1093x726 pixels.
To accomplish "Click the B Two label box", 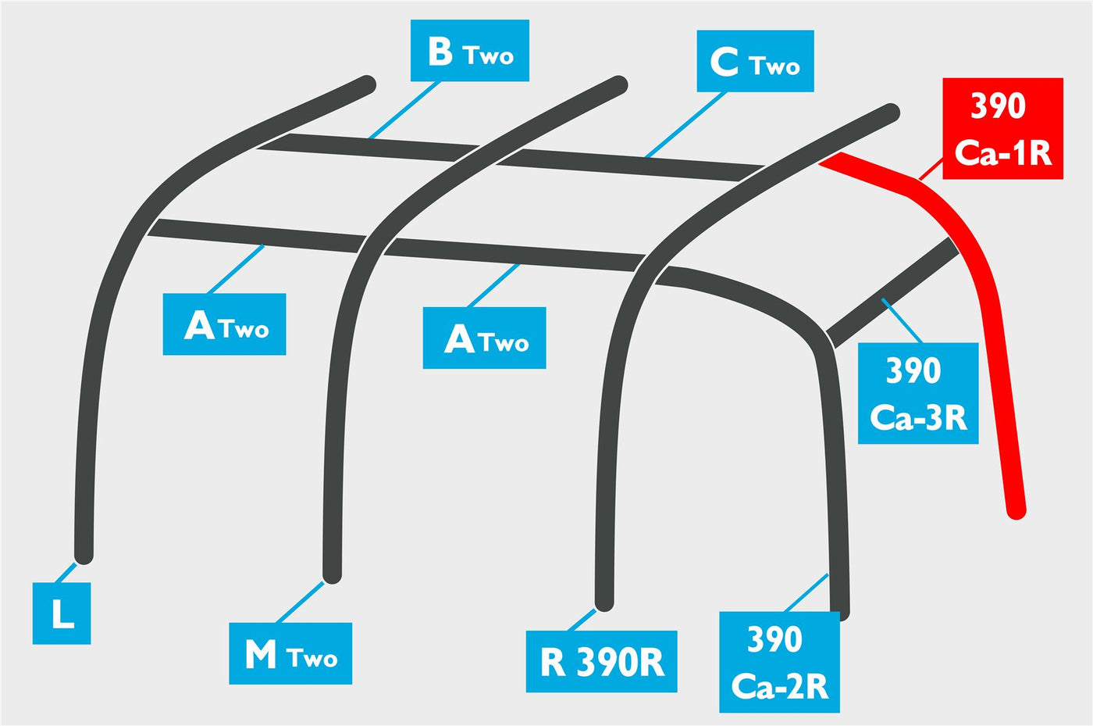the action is click(470, 50).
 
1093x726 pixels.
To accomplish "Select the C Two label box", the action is click(756, 61).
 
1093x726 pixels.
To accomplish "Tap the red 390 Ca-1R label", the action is click(1002, 128).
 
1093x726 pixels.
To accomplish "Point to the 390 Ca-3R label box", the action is click(918, 393).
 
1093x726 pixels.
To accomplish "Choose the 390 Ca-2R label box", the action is click(780, 662).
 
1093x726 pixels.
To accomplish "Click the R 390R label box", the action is click(602, 661).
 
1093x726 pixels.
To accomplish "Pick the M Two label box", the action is click(290, 653).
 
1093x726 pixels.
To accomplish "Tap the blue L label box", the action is click(62, 613).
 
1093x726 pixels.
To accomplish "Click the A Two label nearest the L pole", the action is click(225, 324).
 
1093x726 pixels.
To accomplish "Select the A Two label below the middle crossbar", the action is click(485, 338).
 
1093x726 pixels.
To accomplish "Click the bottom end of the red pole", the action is click(1016, 511).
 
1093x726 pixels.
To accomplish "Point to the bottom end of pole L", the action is click(84, 556).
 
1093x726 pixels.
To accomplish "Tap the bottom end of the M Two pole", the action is click(332, 575).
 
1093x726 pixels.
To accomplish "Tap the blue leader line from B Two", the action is click(404, 110).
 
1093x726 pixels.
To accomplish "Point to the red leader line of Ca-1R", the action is click(931, 169).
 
